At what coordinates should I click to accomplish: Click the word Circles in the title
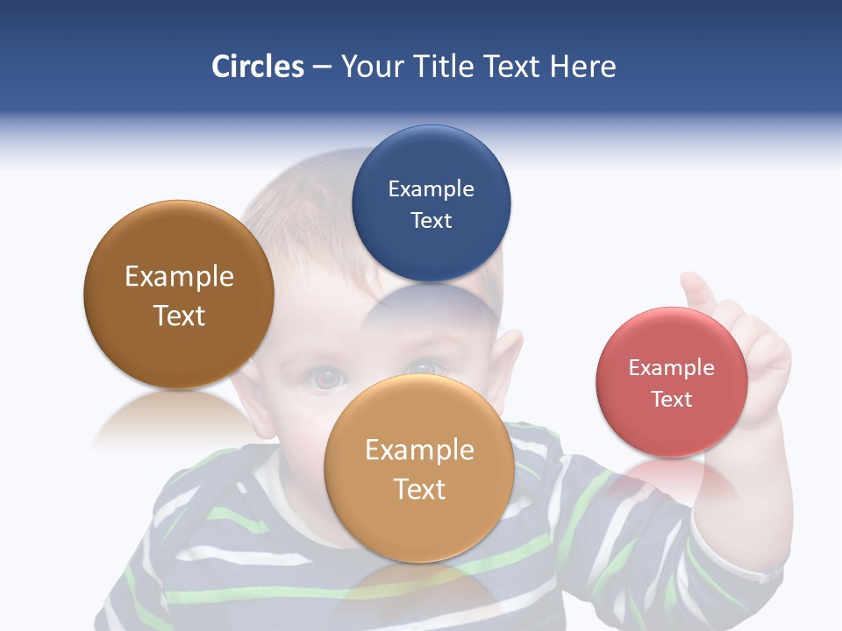coord(258,67)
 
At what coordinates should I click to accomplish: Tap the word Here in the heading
coord(582,67)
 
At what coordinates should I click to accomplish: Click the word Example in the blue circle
coord(431,189)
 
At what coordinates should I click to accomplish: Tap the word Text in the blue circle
coord(431,221)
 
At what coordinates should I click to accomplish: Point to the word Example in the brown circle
coord(179,277)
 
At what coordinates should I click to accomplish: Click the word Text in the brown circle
coord(179,315)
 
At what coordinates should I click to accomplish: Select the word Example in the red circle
coord(672,368)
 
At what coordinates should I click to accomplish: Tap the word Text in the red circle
coord(672,400)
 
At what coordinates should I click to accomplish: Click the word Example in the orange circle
coord(419,450)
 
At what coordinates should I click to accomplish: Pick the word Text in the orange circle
coord(419,489)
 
